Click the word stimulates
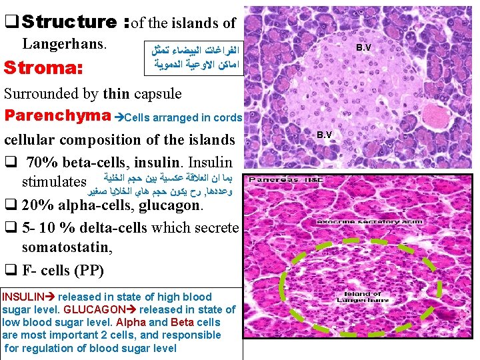point(54,182)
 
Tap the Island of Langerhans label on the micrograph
point(363,297)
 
